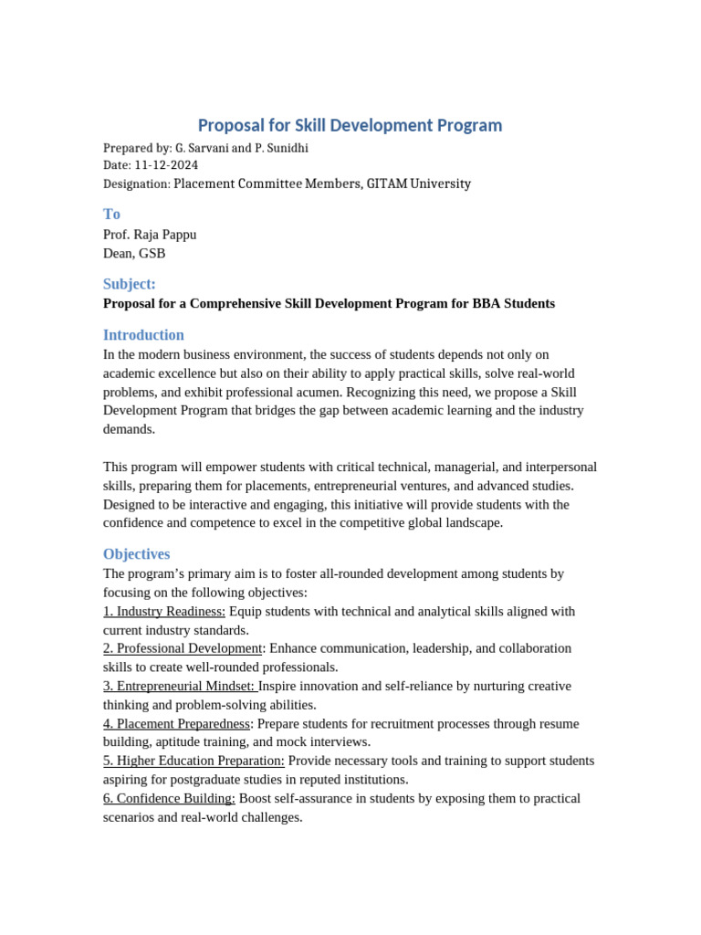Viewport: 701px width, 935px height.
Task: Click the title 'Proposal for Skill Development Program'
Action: [x=350, y=125]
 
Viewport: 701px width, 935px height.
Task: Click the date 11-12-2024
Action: [x=166, y=165]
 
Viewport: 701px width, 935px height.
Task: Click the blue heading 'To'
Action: [x=111, y=214]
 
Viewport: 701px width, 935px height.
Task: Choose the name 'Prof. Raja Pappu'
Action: [x=150, y=235]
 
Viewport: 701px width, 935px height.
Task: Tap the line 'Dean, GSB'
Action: [x=134, y=254]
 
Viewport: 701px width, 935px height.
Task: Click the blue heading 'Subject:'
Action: [x=130, y=284]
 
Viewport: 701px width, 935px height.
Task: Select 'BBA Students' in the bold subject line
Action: [x=514, y=303]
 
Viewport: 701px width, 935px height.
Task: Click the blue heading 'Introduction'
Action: [x=143, y=335]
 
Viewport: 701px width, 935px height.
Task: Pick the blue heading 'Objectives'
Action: [x=136, y=554]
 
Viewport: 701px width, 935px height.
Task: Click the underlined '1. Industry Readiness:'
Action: [x=164, y=612]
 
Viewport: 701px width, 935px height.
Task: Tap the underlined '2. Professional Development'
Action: [x=183, y=648]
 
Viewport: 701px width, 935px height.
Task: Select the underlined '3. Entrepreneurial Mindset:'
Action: [x=181, y=686]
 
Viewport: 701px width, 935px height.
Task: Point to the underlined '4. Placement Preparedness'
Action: [x=176, y=724]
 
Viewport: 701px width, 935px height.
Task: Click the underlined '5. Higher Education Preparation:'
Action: [x=194, y=761]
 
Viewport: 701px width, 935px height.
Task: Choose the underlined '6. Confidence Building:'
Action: [x=169, y=798]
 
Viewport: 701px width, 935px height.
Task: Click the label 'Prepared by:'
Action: [x=137, y=148]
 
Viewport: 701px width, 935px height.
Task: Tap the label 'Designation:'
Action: [x=137, y=184]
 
